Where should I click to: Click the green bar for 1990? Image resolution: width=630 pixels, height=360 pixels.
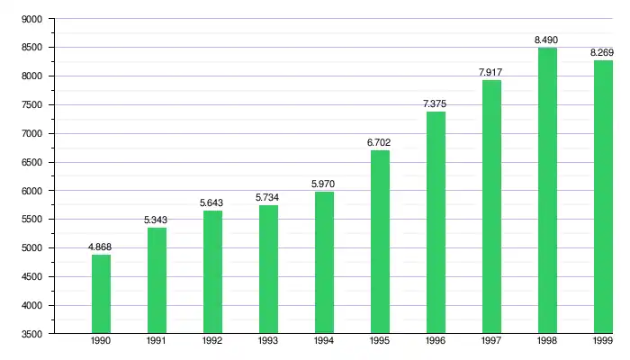(x=101, y=293)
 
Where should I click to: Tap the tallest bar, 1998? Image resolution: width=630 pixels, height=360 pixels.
(x=547, y=190)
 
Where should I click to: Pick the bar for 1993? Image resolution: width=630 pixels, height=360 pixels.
(x=268, y=269)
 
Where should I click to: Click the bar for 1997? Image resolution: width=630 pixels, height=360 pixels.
(x=491, y=206)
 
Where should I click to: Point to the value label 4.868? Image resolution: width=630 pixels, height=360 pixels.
(x=100, y=247)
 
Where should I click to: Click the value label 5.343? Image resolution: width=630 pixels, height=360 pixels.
(x=156, y=220)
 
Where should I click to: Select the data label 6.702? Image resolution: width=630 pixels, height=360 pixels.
(x=379, y=142)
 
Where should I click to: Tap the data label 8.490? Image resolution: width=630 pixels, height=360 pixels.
(x=546, y=40)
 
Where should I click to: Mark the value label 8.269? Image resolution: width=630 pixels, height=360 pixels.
(x=601, y=52)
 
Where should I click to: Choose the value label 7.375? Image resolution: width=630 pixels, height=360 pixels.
(x=435, y=103)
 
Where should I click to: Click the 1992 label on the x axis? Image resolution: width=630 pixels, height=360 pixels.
(x=212, y=342)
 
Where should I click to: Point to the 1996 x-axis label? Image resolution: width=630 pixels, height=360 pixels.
(x=436, y=342)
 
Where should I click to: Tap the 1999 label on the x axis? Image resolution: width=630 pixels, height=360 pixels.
(x=603, y=342)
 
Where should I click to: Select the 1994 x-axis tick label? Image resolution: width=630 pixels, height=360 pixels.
(x=324, y=342)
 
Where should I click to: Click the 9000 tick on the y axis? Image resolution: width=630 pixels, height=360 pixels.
(x=31, y=19)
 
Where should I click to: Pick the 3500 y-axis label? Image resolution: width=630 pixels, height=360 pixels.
(x=31, y=334)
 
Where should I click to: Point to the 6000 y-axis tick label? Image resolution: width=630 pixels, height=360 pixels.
(x=31, y=191)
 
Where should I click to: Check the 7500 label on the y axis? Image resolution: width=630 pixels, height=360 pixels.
(x=31, y=104)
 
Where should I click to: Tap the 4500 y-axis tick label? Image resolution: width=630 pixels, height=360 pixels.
(x=31, y=276)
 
